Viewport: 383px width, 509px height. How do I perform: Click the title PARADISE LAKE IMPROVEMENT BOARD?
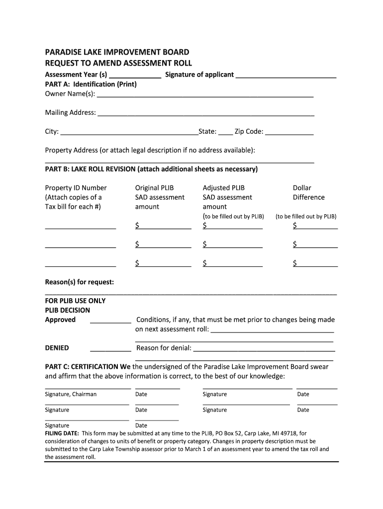[x=117, y=52]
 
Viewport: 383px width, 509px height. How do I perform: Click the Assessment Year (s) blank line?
[x=135, y=77]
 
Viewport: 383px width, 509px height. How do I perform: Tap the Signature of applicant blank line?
[x=286, y=77]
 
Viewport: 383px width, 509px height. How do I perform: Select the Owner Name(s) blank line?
[x=205, y=95]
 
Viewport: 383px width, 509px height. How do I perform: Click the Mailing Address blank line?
[x=206, y=114]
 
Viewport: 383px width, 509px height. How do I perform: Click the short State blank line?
[x=225, y=134]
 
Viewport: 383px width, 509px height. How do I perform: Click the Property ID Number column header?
[x=76, y=188]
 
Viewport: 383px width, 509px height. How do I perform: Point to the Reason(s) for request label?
[x=80, y=282]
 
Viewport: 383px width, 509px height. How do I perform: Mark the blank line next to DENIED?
[x=110, y=350]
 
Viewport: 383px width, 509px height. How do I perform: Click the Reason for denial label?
[x=164, y=348]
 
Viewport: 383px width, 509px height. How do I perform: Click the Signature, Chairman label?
[x=71, y=394]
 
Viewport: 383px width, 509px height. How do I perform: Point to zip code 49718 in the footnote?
[x=287, y=433]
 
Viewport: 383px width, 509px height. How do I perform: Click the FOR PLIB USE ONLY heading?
[x=75, y=301]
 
